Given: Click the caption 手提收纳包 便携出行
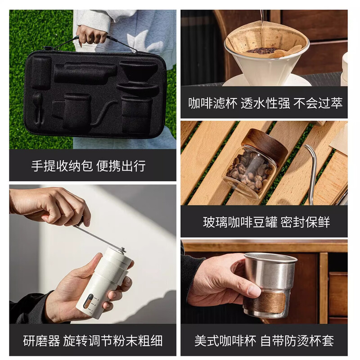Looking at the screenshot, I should point(88,166).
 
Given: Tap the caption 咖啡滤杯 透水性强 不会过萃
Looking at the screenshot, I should point(265,103).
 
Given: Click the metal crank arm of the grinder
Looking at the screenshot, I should point(97,236).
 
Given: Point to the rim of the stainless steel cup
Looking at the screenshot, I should point(270,257).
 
